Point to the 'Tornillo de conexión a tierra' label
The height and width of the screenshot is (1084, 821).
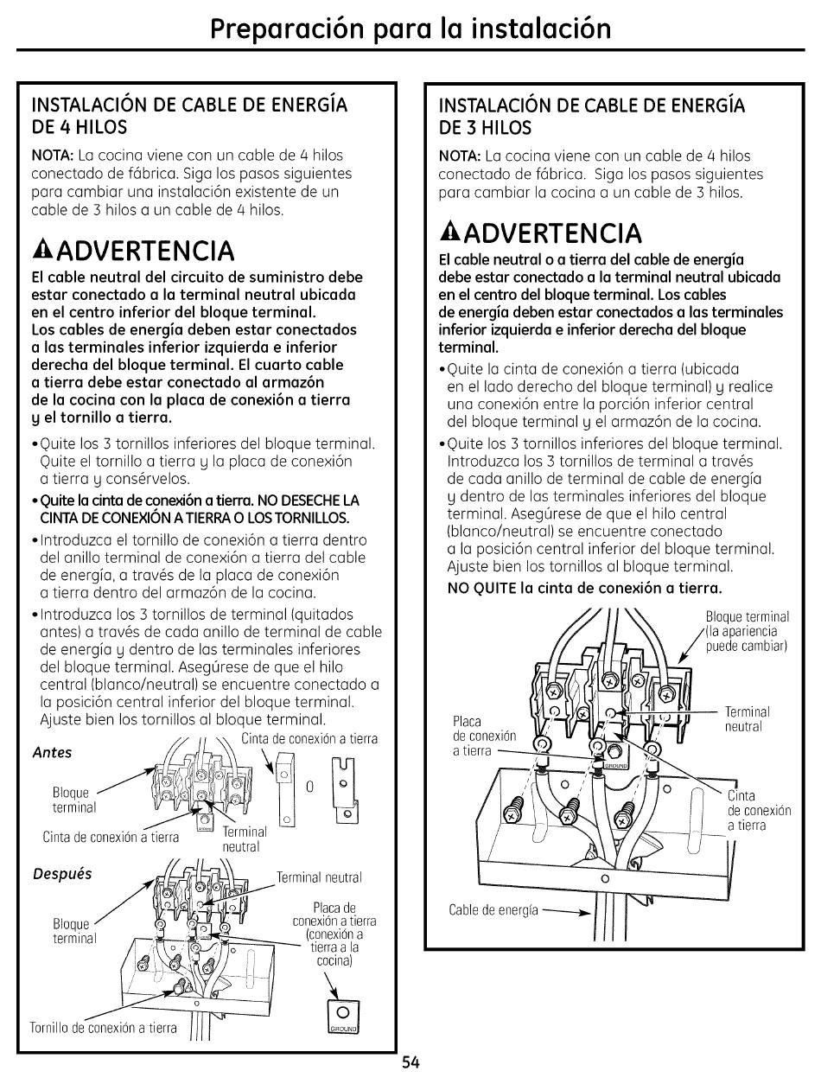pos(103,1028)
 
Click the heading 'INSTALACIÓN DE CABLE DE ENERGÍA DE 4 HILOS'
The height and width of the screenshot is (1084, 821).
pos(189,116)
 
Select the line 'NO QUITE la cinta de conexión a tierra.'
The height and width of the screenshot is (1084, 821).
pos(583,589)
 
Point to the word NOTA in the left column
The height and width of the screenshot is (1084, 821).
pos(52,156)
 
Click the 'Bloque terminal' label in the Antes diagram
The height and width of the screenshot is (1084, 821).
pos(73,800)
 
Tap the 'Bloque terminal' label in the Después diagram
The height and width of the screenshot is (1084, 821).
pos(73,932)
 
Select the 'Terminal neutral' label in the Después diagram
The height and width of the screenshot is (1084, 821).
pos(319,877)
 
